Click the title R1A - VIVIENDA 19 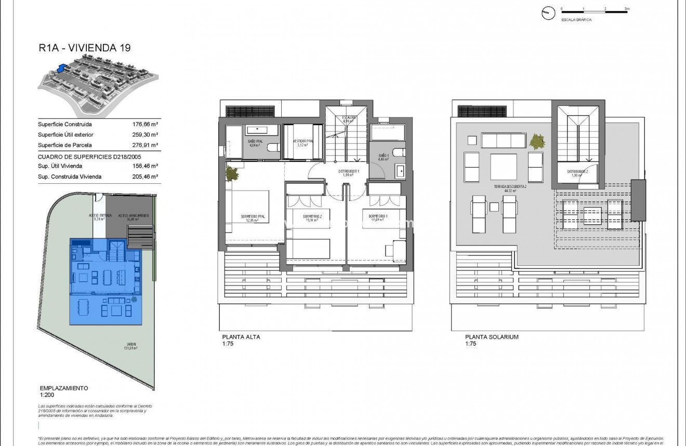pos(84,48)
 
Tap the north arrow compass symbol pos(548,13)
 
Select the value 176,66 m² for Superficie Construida pos(146,125)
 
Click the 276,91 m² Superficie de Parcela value pos(146,145)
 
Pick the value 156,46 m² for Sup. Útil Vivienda pos(146,166)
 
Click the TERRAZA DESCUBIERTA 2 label pos(511,188)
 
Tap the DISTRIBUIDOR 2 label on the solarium pos(577,172)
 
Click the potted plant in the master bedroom pos(231,173)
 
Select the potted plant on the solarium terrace pos(537,141)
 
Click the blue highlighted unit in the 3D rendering pos(62,68)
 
